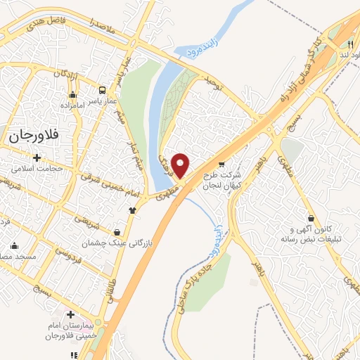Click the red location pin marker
tap(181, 165)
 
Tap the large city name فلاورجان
tap(34, 136)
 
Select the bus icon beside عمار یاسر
tap(103, 91)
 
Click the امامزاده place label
tap(72, 105)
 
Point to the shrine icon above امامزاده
tap(72, 95)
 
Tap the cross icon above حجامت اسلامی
tap(37, 157)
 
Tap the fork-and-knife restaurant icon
tap(350, 44)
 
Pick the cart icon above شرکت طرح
tap(224, 164)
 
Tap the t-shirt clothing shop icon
tap(131, 210)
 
